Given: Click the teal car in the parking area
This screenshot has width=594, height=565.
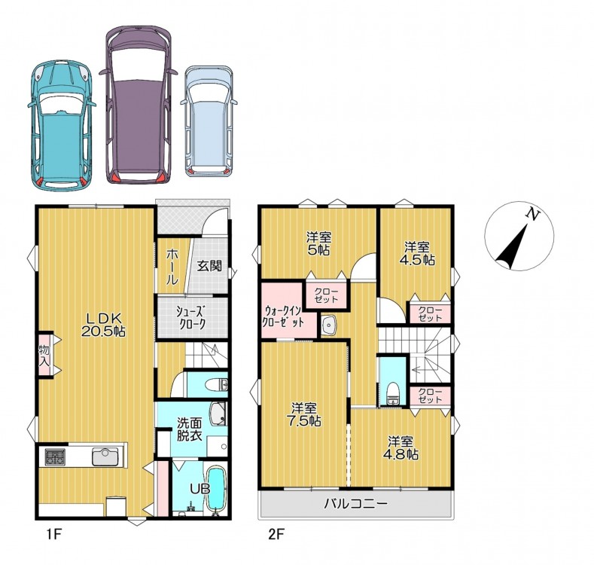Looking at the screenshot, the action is coord(61,126).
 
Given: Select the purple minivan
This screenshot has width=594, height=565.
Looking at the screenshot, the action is coord(139,105).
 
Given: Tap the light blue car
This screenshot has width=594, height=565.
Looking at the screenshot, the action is coord(209,121).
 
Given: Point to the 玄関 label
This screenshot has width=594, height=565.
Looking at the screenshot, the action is coord(209,266).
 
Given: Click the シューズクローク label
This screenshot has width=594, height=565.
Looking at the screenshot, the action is coord(191,318).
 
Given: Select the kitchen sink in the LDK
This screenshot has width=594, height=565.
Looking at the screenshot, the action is coord(105,457).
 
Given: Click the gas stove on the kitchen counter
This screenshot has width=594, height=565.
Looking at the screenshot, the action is coord(55,457).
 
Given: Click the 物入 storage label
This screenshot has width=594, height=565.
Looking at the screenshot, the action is coord(44,356).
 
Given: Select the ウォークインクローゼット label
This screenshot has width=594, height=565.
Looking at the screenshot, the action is coord(283,317).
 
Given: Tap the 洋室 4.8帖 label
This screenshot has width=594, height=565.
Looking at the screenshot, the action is coord(403,447).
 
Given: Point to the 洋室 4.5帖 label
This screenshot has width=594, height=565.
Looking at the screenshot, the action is coord(418,254).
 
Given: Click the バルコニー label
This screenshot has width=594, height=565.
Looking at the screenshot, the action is coord(356,503).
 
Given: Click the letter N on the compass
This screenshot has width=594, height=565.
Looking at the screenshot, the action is coord(533,215).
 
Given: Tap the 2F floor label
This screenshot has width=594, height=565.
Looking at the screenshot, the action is coord(276,535).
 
